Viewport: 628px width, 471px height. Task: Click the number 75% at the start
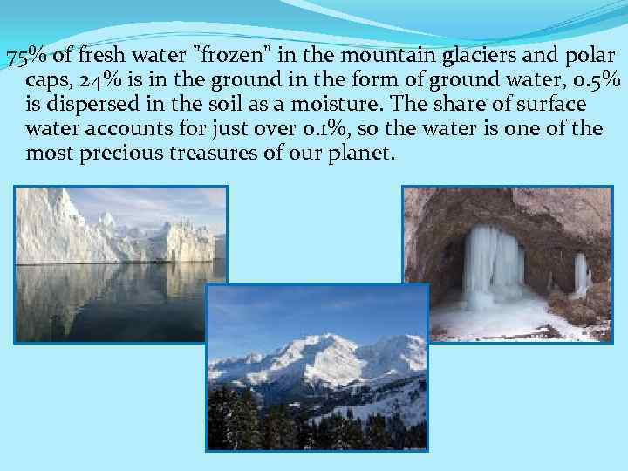(27, 58)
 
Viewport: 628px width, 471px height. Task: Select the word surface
(549, 106)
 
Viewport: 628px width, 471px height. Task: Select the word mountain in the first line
(376, 57)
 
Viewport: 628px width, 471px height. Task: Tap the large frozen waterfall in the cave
(493, 266)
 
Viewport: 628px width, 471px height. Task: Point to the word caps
(47, 81)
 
